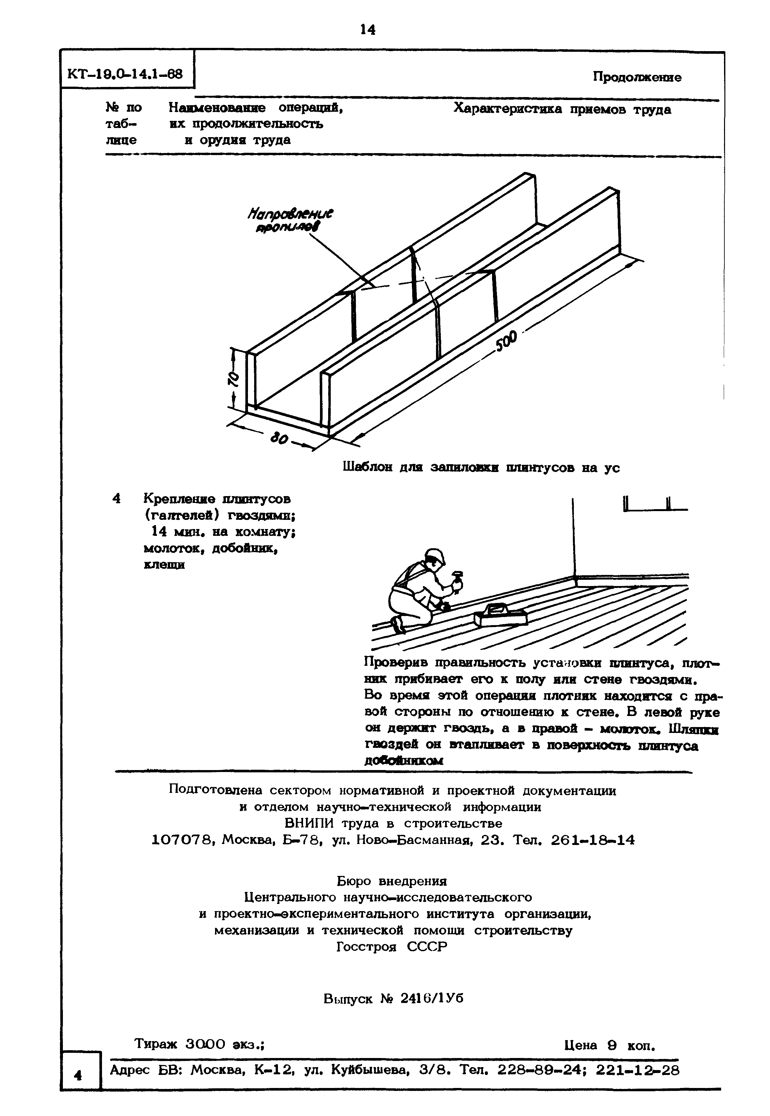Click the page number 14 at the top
(x=368, y=30)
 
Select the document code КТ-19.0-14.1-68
(x=125, y=74)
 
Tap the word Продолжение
(x=637, y=77)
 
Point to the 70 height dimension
(x=233, y=379)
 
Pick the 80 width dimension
(x=279, y=439)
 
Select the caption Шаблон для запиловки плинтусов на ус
(x=481, y=467)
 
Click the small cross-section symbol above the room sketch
(x=655, y=504)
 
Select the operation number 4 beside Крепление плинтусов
(x=116, y=498)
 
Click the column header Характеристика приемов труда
(x=562, y=109)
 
